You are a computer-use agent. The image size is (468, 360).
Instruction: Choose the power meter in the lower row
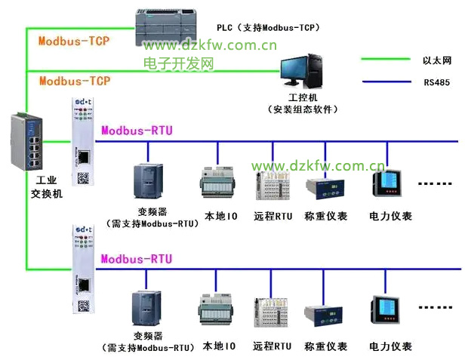pos(388,313)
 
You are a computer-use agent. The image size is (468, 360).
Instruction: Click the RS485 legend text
pos(436,82)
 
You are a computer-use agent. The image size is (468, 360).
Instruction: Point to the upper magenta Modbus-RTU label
pos(137,131)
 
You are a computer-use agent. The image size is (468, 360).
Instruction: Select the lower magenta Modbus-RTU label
pos(137,259)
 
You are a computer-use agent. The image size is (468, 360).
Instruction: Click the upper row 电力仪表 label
pos(390,216)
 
